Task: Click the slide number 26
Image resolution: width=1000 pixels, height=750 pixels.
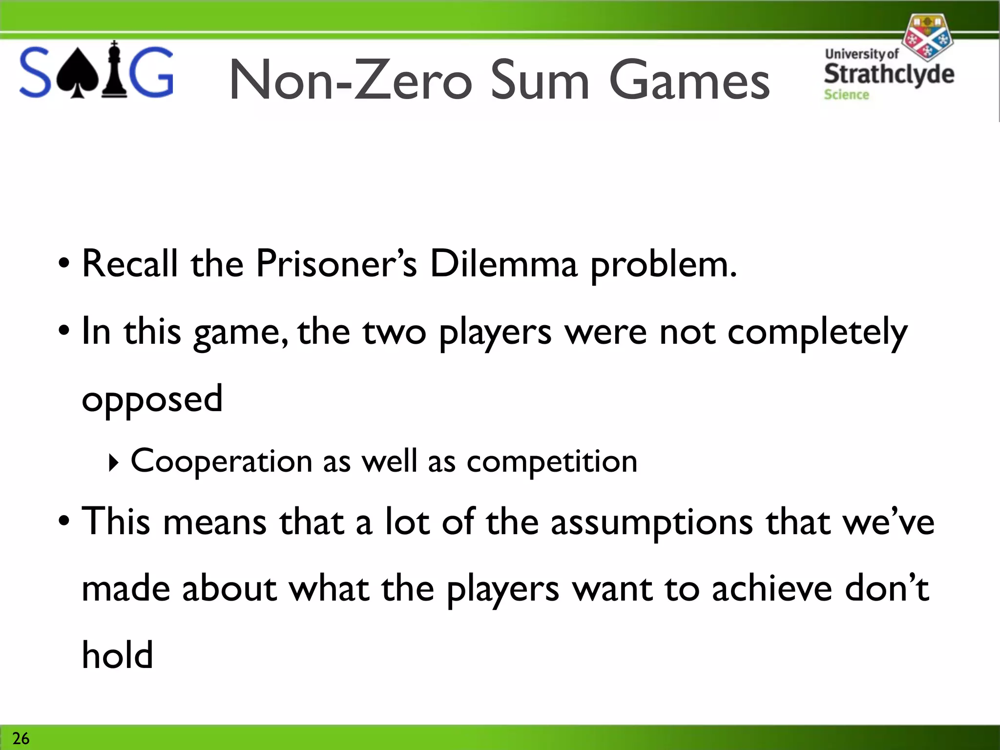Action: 21,738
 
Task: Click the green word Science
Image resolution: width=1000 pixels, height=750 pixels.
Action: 846,95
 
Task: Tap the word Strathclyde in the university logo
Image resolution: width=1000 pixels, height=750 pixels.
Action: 889,74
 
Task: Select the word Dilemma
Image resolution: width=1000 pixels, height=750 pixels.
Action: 503,264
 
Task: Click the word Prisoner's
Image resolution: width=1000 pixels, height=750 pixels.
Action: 336,264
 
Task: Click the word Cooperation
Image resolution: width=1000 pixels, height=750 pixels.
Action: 221,461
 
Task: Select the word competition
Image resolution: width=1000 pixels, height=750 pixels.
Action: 552,462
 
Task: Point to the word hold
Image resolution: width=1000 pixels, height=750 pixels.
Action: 117,655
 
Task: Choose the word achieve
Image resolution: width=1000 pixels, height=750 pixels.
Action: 772,589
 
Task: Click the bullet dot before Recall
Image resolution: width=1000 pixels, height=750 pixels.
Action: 63,264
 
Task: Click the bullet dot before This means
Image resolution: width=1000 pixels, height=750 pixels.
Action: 63,521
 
